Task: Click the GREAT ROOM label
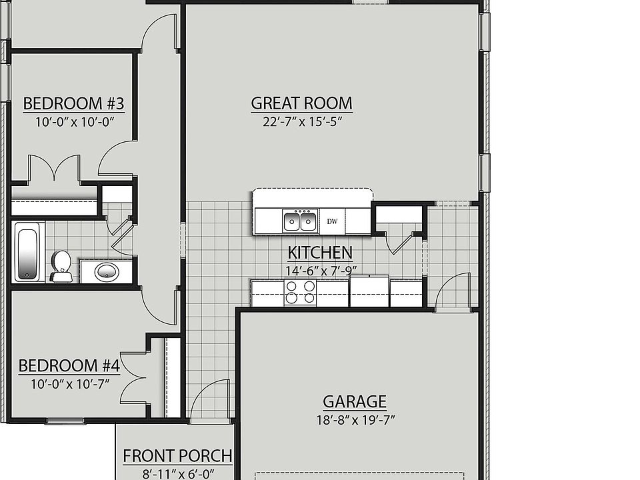point(301,103)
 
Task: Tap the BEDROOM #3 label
point(73,103)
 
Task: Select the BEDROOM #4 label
point(69,365)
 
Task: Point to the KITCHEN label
point(320,253)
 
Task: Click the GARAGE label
point(354,401)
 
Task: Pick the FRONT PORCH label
point(177,456)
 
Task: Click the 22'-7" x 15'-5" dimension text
point(302,121)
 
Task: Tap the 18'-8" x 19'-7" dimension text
point(356,420)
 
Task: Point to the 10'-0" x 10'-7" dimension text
point(70,384)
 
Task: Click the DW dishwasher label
point(332,221)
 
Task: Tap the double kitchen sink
point(301,221)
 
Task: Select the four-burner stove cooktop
point(301,292)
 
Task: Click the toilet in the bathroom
point(61,267)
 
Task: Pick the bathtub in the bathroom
point(28,252)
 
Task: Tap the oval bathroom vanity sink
point(107,271)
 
